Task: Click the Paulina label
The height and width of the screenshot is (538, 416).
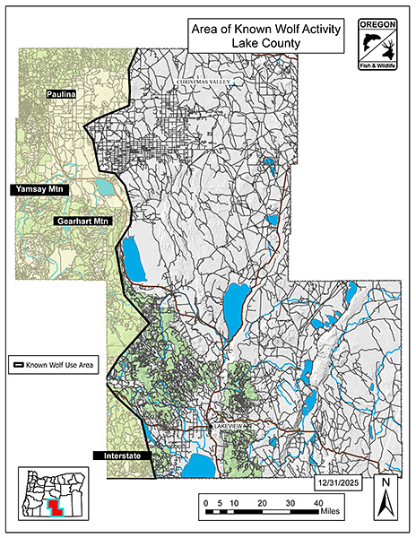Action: (x=65, y=93)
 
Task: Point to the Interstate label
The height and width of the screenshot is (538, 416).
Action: (x=119, y=456)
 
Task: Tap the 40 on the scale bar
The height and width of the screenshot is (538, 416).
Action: (x=318, y=505)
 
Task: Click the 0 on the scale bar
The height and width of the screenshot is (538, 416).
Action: (x=205, y=505)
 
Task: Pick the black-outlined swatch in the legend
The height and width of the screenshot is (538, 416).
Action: (x=17, y=366)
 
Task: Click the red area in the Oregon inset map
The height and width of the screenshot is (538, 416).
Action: (x=56, y=508)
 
